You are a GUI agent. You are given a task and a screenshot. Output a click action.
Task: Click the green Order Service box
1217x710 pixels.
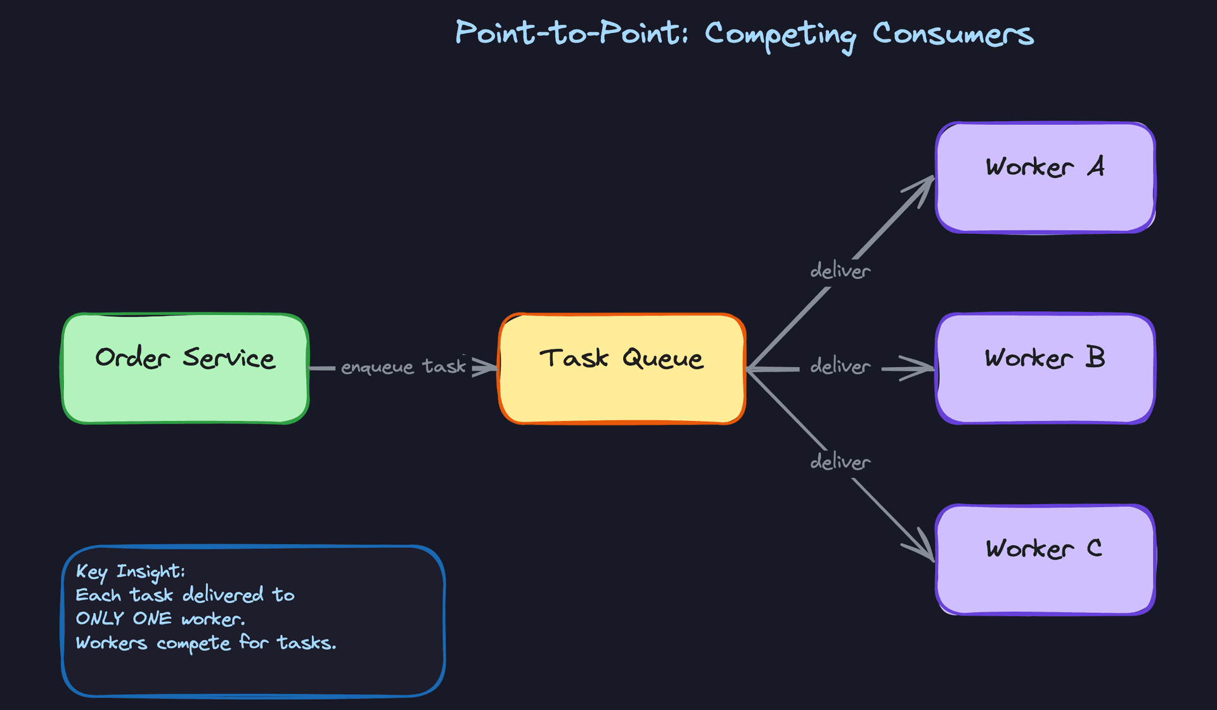pyautogui.click(x=185, y=380)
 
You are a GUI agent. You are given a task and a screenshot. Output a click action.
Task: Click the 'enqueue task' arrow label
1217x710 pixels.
pyautogui.click(x=403, y=366)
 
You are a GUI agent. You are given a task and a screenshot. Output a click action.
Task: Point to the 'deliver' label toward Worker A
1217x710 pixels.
pyautogui.click(x=840, y=271)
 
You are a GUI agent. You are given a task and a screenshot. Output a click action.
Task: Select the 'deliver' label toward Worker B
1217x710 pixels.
pyautogui.click(x=840, y=366)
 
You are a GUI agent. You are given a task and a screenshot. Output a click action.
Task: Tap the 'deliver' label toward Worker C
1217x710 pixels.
pyautogui.click(x=840, y=462)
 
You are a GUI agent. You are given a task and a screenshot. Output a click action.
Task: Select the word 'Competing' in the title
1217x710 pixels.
pyautogui.click(x=780, y=35)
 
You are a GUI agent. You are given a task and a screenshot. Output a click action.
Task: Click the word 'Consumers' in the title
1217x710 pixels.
pyautogui.click(x=953, y=34)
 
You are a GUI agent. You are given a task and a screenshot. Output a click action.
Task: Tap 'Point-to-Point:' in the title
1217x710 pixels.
pyautogui.click(x=571, y=33)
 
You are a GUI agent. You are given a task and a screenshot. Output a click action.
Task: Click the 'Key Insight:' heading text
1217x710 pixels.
pyautogui.click(x=130, y=572)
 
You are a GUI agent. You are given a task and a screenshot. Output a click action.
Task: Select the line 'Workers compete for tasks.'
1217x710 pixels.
pyautogui.click(x=205, y=643)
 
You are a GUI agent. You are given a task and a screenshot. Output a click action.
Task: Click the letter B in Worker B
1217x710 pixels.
pyautogui.click(x=1095, y=358)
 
